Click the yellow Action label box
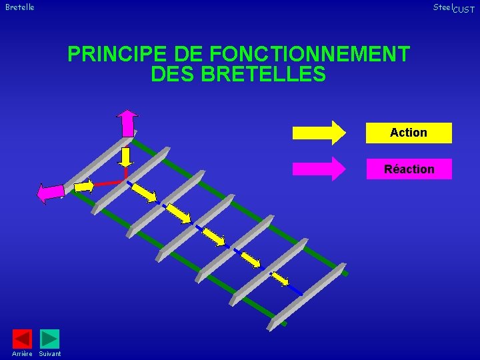tap(409, 133)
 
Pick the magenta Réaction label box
tap(409, 169)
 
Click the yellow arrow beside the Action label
tap(319, 133)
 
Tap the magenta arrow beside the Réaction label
tap(319, 169)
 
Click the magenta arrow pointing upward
tap(127, 123)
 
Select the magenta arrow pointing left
tap(50, 193)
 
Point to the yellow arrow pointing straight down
tap(125, 156)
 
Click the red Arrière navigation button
tap(22, 339)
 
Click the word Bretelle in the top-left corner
tap(19, 7)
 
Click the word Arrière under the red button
tap(22, 353)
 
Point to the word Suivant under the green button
tap(50, 353)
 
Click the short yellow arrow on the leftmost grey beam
tap(84, 186)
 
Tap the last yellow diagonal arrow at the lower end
tap(279, 277)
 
